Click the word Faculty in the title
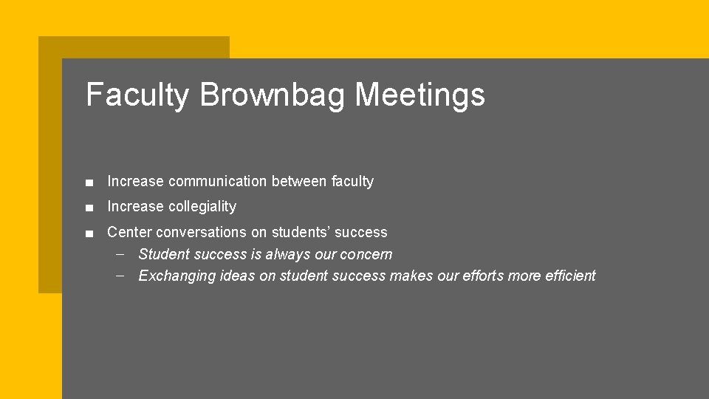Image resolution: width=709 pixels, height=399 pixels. pos(137,95)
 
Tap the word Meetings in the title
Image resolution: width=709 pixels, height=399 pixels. pos(419,95)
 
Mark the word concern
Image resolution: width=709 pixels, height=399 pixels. pos(366,254)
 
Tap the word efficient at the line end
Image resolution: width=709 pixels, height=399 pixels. pos(569,276)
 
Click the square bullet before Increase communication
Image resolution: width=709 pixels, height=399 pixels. pos(89,182)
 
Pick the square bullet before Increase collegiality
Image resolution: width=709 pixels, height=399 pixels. pos(89,207)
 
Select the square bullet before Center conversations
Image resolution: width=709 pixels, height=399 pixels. pos(89,233)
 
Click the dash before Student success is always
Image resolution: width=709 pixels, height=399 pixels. pos(120,254)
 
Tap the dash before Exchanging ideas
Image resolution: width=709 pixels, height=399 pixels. pos(120,276)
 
